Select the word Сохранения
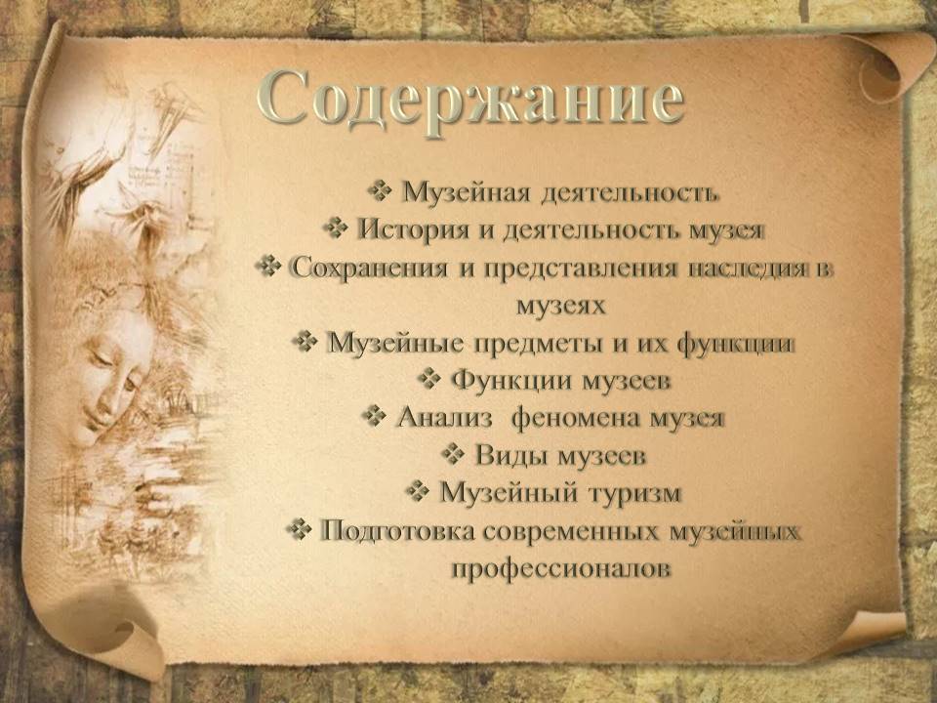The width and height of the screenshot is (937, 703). (x=369, y=268)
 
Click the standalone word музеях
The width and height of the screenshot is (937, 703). (x=560, y=305)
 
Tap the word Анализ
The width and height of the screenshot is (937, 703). (x=444, y=417)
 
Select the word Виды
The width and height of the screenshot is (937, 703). (x=510, y=456)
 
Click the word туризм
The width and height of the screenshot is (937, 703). (x=634, y=493)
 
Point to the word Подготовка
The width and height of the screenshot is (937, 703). (x=397, y=531)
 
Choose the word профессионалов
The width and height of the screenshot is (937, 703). (x=560, y=568)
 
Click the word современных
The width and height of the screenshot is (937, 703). (x=575, y=531)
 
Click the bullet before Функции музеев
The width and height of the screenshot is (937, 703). (x=428, y=379)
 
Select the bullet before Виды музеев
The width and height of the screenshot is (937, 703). (x=453, y=454)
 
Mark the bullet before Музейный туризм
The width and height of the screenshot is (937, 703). (x=417, y=491)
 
